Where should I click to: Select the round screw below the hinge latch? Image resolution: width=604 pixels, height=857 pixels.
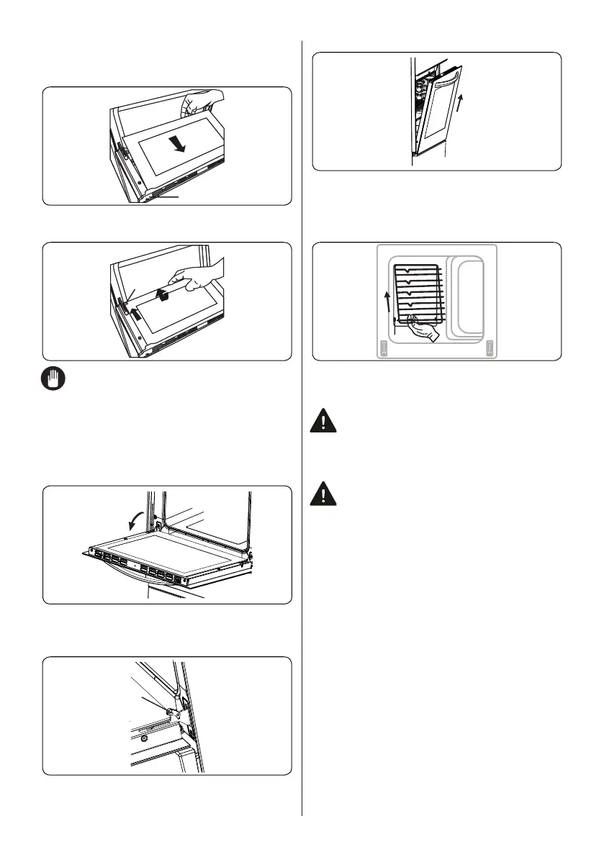(x=144, y=738)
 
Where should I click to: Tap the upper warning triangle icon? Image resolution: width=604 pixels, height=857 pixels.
(x=326, y=422)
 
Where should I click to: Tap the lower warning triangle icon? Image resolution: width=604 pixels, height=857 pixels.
(x=326, y=494)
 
